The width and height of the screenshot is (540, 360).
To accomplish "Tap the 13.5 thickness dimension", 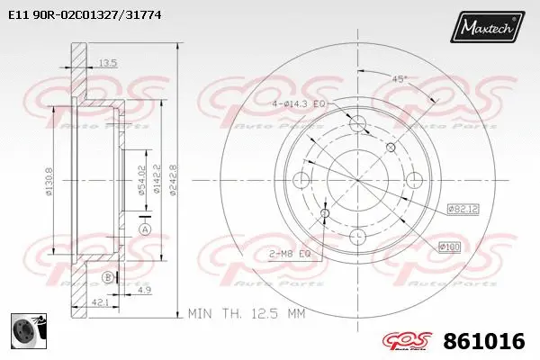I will (108, 62).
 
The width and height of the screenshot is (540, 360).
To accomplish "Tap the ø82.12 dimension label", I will (460, 210).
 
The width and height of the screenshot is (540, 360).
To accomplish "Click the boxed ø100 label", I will (449, 246).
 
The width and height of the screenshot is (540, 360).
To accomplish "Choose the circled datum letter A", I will (144, 229).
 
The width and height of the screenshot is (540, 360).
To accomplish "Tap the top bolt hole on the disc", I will (357, 123).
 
